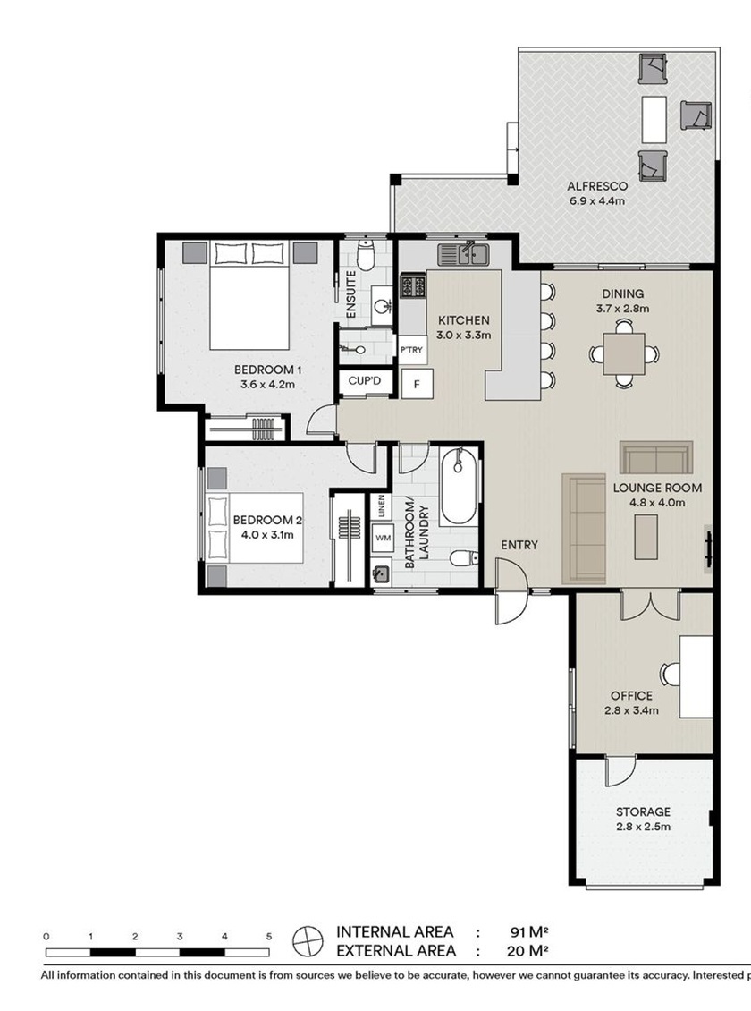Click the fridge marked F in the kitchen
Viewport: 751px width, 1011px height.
click(x=417, y=384)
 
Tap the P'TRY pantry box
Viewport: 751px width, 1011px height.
click(x=411, y=350)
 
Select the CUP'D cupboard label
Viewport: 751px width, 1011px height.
click(x=365, y=381)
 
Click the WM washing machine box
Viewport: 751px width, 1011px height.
click(x=384, y=538)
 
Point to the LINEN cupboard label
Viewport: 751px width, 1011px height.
click(x=381, y=506)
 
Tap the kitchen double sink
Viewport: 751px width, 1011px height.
click(x=464, y=254)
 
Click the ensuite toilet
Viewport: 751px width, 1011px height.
click(x=366, y=255)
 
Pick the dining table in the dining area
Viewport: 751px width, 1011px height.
click(x=623, y=353)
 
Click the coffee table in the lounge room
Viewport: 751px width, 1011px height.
click(x=646, y=537)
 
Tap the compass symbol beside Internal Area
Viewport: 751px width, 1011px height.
click(x=308, y=941)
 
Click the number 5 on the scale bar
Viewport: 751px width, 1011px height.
click(x=268, y=937)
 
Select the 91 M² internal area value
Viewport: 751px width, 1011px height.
click(x=528, y=931)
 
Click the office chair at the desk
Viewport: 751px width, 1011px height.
click(x=671, y=675)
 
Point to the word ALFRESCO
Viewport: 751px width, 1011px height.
click(x=597, y=186)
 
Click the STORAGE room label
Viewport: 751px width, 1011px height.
click(x=643, y=811)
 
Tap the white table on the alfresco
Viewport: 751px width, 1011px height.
click(x=654, y=119)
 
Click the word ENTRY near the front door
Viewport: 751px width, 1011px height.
click(x=519, y=545)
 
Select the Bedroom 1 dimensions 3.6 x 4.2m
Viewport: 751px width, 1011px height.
click(x=267, y=385)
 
